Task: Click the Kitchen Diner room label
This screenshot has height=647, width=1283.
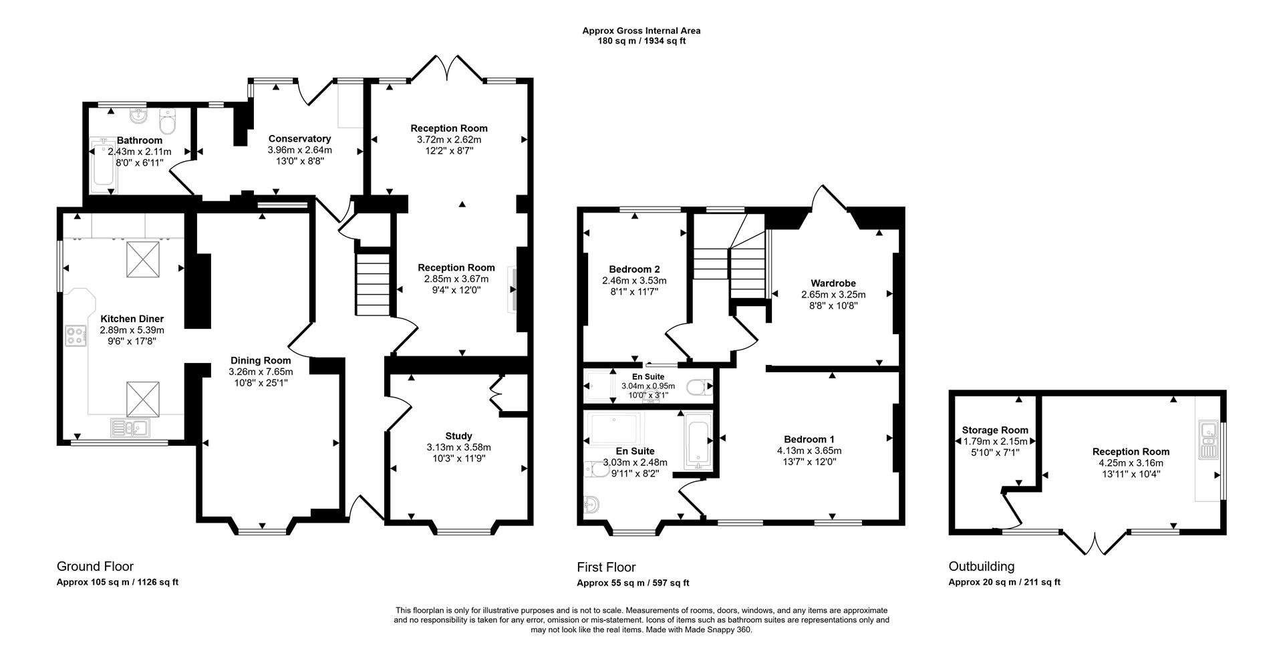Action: click(x=132, y=319)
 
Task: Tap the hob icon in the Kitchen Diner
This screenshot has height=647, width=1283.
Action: click(x=75, y=336)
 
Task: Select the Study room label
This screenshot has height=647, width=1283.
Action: click(x=458, y=436)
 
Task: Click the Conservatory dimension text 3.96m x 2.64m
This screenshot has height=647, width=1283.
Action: click(x=299, y=150)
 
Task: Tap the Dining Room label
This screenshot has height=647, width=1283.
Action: click(x=261, y=360)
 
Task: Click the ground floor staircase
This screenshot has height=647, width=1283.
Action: click(x=372, y=283)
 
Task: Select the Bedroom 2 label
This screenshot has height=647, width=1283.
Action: click(x=634, y=269)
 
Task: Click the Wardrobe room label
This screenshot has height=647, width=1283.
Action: click(x=833, y=283)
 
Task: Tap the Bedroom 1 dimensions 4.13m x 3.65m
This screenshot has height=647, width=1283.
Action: click(x=809, y=450)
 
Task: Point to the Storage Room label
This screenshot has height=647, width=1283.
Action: click(x=995, y=430)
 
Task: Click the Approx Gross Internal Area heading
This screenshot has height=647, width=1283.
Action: click(x=641, y=30)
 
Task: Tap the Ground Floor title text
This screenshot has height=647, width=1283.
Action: click(x=95, y=566)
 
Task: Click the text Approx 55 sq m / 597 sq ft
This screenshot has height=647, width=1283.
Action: click(x=633, y=583)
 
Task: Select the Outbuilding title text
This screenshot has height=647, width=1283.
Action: click(x=981, y=566)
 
